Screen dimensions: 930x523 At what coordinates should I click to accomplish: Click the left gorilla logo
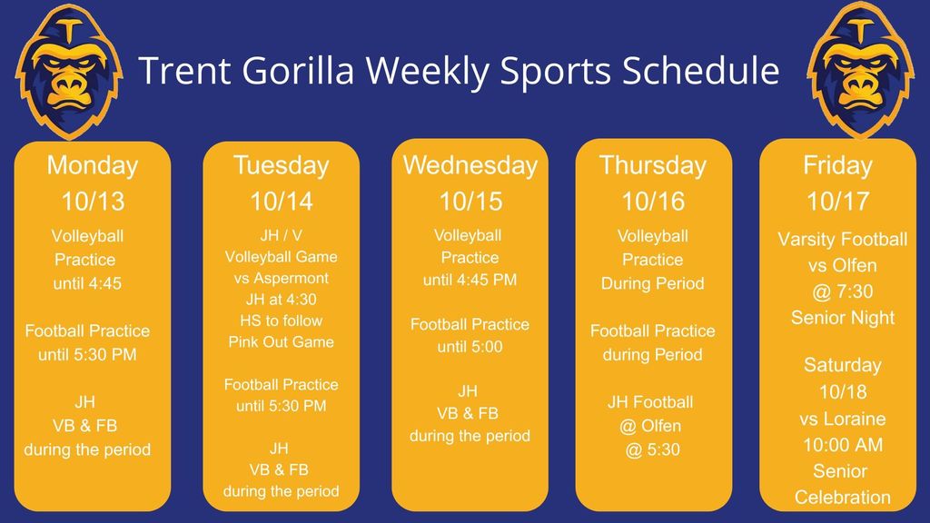point(69,71)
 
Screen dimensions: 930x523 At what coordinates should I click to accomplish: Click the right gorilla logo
point(861,70)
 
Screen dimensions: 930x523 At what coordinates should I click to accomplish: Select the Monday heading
point(93,165)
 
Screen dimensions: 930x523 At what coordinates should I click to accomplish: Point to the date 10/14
point(282,202)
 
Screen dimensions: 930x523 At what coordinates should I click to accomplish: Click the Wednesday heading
point(470,165)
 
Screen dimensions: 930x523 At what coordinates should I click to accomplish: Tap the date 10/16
point(653,202)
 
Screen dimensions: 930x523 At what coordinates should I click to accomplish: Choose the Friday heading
point(837,165)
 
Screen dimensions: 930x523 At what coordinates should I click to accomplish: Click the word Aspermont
point(291,278)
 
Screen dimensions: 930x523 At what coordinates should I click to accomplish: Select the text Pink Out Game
point(282,342)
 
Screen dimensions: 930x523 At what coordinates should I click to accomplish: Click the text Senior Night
point(843,318)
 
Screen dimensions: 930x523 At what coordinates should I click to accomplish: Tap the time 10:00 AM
point(843,445)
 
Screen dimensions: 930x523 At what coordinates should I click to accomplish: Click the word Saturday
point(843,365)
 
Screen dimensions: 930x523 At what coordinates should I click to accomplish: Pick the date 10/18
point(843,392)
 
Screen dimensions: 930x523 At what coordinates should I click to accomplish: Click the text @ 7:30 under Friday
point(843,291)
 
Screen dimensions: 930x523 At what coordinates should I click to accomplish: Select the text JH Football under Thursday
point(650,402)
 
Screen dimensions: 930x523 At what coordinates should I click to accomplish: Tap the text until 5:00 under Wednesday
point(470,347)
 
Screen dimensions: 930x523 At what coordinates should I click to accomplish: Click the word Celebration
point(843,498)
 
